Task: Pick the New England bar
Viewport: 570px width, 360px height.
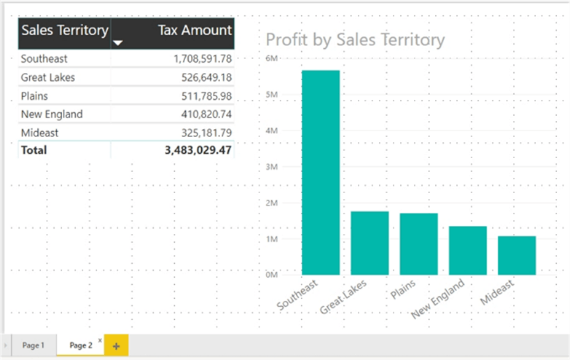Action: point(467,251)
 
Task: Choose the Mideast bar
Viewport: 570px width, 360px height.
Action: point(517,256)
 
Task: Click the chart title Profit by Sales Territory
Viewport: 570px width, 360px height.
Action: point(355,39)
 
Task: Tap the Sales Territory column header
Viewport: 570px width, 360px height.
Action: point(65,31)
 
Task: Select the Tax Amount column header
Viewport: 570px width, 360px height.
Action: point(195,31)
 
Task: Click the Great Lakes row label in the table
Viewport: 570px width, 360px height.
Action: point(48,77)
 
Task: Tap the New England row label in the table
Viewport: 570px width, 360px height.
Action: point(52,114)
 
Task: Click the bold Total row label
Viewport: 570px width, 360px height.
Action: point(34,150)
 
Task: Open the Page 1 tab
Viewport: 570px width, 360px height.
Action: point(33,345)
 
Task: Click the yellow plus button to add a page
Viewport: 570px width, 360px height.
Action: point(115,345)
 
